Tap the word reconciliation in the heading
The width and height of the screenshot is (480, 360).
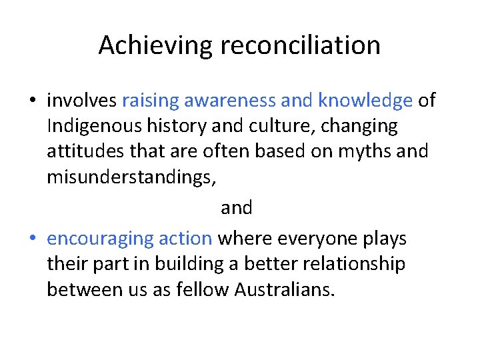[x=296, y=45]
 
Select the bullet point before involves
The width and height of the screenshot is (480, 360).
[x=33, y=101]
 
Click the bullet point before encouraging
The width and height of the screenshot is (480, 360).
[x=33, y=239]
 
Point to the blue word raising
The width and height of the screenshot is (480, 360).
[x=151, y=101]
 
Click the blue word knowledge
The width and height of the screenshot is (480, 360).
[x=365, y=101]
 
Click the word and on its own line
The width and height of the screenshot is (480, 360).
[x=237, y=208]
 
